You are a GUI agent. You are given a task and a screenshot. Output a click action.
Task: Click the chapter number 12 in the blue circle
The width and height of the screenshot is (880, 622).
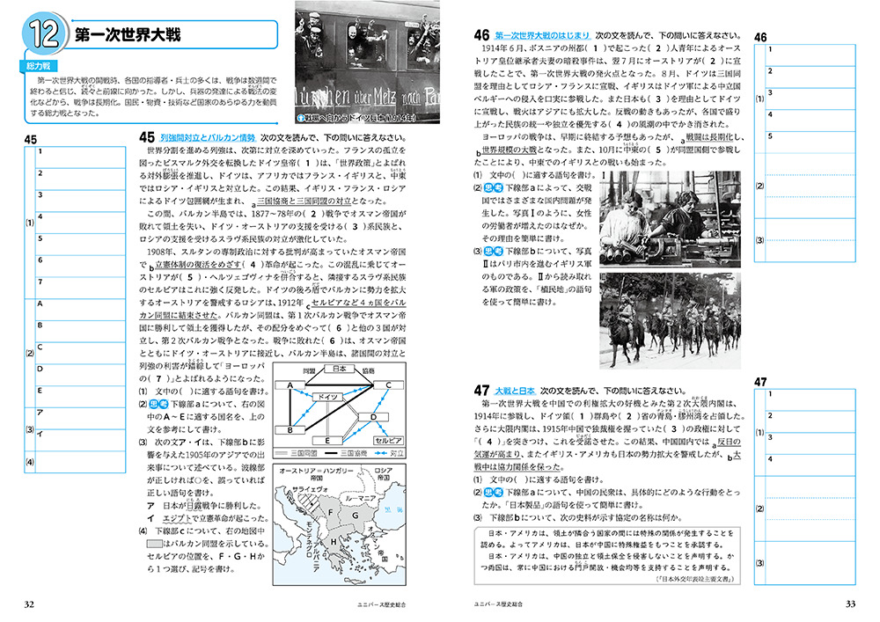[42, 37]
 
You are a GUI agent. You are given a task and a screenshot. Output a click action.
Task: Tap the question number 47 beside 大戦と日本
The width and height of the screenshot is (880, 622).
[481, 389]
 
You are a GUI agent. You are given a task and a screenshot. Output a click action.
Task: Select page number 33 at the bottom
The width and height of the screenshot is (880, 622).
[850, 604]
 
